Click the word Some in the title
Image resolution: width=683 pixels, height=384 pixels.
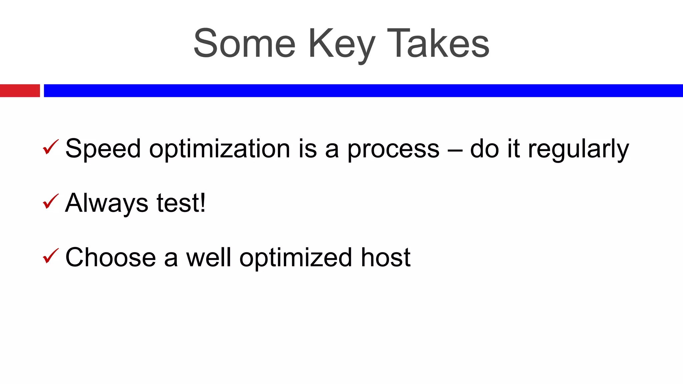(x=244, y=44)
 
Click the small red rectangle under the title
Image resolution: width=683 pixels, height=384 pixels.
(x=20, y=91)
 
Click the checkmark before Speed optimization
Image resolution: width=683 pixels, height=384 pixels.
(x=51, y=147)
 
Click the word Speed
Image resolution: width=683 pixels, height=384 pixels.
(x=103, y=149)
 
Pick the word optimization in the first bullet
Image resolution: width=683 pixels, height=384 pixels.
(x=219, y=149)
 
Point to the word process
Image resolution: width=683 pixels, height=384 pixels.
(x=394, y=149)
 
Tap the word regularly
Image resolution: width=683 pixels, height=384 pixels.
(x=578, y=149)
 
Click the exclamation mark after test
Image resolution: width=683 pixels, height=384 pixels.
(x=202, y=203)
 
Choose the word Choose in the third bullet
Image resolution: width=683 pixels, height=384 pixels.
(x=110, y=258)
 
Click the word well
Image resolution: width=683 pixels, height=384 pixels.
(x=208, y=258)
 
